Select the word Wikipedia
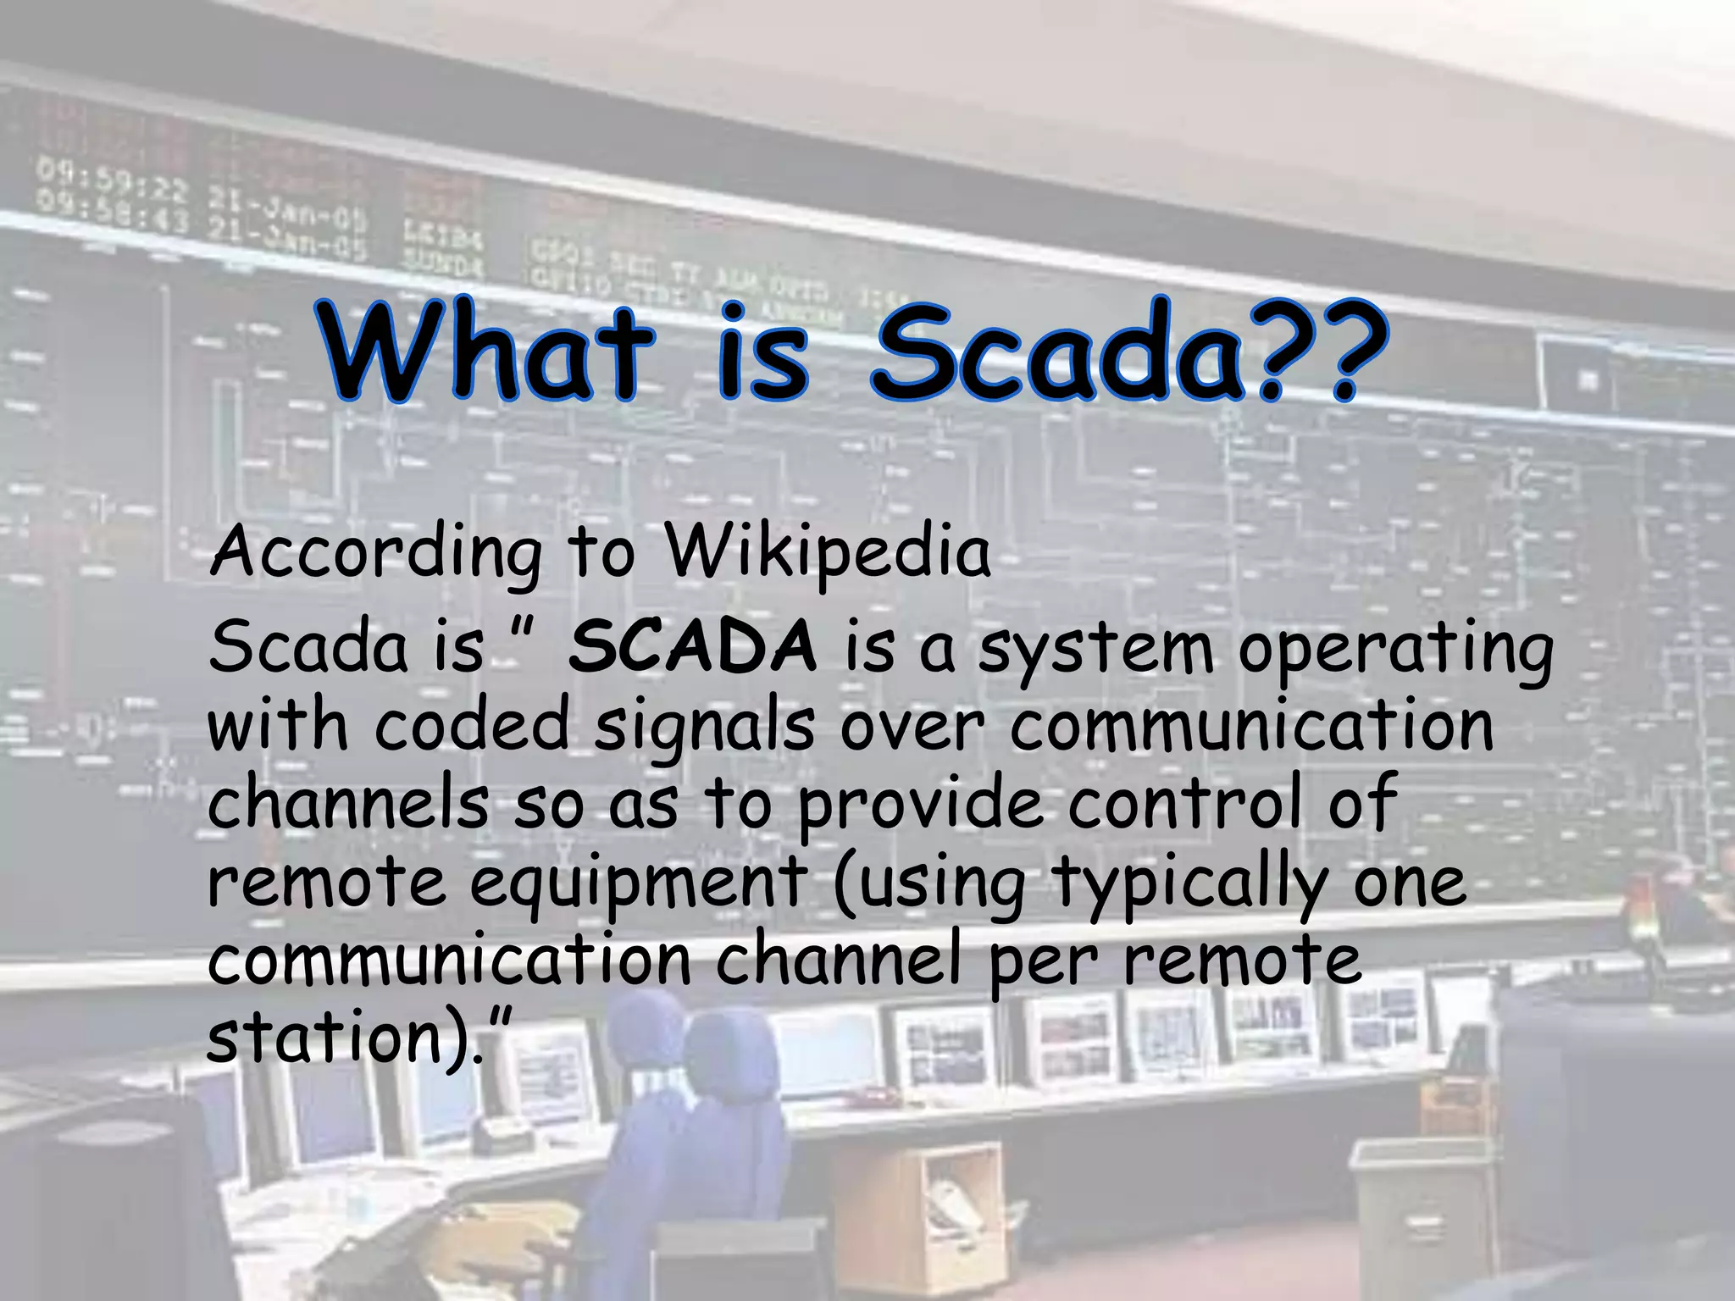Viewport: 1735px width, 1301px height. click(826, 553)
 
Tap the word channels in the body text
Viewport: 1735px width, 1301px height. click(347, 805)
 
